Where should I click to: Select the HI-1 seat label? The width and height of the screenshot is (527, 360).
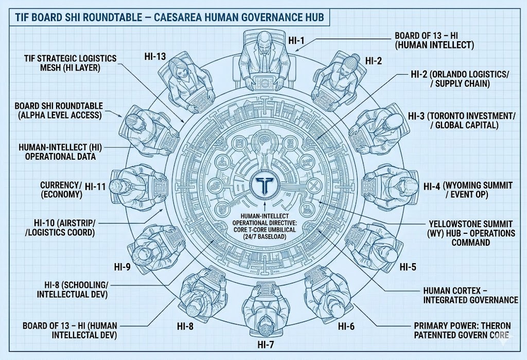pos(296,41)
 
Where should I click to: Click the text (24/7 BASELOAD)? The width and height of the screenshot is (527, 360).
pos(263,237)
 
